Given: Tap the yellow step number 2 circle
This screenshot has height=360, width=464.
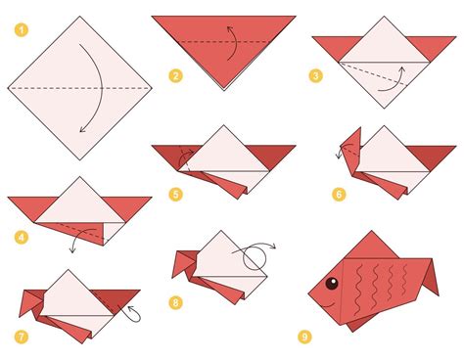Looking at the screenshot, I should tap(175, 74).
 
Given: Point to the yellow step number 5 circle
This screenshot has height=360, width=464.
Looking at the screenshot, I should tap(175, 194).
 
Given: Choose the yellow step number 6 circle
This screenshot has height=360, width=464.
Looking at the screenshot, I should tap(339, 194).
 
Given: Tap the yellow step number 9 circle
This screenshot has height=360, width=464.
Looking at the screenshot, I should tap(305, 337).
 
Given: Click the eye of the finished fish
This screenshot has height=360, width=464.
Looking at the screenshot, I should tap(330, 285).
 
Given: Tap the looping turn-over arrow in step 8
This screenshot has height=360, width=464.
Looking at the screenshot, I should tap(257, 256).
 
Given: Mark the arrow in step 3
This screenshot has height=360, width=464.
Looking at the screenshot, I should tap(396, 76).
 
